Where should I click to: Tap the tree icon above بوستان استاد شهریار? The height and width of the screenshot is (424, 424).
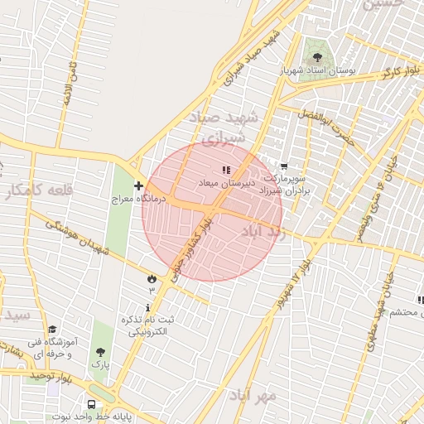pyautogui.click(x=318, y=57)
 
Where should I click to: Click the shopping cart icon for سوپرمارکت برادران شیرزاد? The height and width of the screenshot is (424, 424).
pyautogui.click(x=284, y=166)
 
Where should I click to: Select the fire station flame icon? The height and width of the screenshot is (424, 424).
pyautogui.click(x=152, y=278)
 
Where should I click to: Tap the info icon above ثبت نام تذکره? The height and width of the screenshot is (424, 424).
pyautogui.click(x=149, y=307)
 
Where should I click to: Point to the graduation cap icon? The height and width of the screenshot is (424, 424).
pyautogui.click(x=51, y=330)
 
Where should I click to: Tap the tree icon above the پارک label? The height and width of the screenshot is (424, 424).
pyautogui.click(x=100, y=351)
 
